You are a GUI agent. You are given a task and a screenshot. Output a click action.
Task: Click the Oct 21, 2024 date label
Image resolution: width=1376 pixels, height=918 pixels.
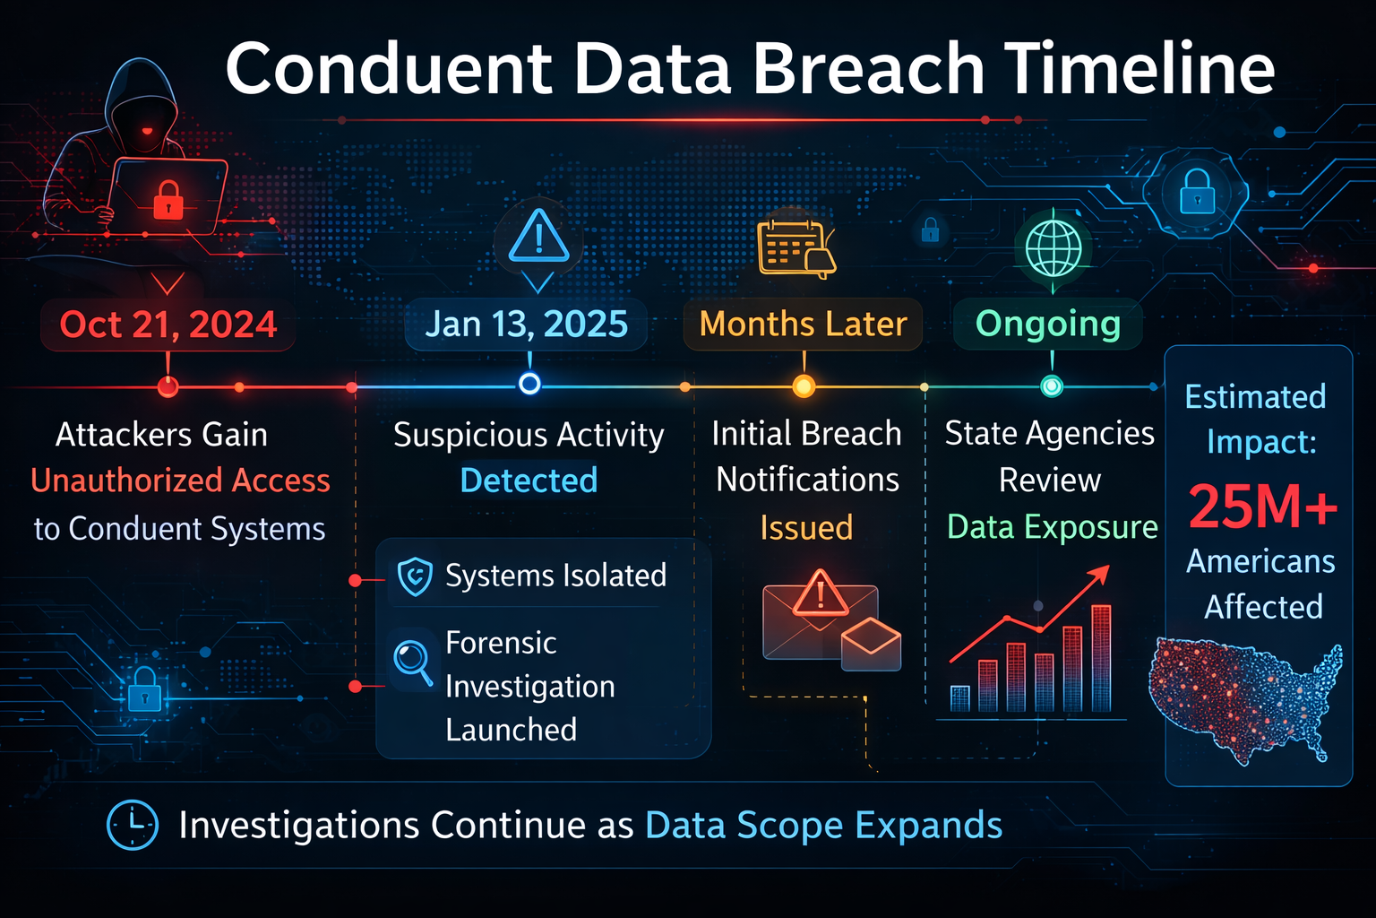pyautogui.click(x=168, y=325)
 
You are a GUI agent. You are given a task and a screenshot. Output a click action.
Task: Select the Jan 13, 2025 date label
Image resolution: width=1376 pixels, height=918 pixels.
pyautogui.click(x=526, y=325)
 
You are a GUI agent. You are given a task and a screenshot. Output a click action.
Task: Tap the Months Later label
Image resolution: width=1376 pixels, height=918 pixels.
pyautogui.click(x=803, y=325)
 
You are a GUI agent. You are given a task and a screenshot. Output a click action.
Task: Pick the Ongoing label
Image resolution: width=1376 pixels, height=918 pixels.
pyautogui.click(x=1047, y=325)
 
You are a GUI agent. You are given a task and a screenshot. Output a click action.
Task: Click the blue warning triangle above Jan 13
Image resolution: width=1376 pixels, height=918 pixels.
pyautogui.click(x=538, y=237)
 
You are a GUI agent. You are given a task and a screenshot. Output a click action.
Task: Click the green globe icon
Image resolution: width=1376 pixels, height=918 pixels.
pyautogui.click(x=1053, y=248)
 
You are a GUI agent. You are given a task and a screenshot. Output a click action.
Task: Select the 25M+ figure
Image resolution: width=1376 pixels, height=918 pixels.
pyautogui.click(x=1262, y=507)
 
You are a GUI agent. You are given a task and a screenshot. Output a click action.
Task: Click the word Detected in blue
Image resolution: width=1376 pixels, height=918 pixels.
pyautogui.click(x=529, y=481)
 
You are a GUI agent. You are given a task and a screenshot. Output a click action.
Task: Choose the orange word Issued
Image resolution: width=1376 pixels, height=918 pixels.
pyautogui.click(x=806, y=528)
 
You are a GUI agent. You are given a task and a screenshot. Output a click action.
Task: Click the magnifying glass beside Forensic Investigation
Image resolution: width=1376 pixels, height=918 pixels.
pyautogui.click(x=412, y=661)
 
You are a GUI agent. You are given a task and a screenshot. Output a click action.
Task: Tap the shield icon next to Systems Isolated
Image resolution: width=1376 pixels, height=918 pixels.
pyautogui.click(x=415, y=576)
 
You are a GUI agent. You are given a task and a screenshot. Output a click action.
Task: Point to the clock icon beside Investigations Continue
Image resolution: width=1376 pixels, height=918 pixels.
pyautogui.click(x=133, y=825)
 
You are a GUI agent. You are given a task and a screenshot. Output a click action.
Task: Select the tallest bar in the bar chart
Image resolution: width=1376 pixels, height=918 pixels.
pyautogui.click(x=1101, y=659)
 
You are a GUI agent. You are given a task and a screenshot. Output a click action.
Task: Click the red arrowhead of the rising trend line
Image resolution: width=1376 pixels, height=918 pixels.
pyautogui.click(x=1101, y=574)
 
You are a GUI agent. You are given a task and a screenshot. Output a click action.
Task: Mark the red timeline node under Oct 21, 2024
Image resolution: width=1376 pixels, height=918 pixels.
pyautogui.click(x=168, y=387)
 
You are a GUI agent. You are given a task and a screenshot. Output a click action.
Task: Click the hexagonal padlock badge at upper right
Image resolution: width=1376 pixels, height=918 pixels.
pyautogui.click(x=1197, y=193)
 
